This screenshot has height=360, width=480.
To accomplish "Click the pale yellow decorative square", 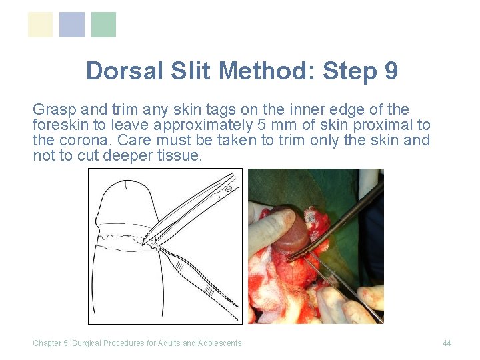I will [x=40, y=25].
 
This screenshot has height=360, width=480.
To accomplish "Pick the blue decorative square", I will [x=72, y=25].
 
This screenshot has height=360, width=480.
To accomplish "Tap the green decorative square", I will [x=103, y=25].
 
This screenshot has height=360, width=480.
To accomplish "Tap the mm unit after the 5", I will [x=273, y=125].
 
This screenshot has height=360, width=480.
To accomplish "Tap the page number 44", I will [x=447, y=343].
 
